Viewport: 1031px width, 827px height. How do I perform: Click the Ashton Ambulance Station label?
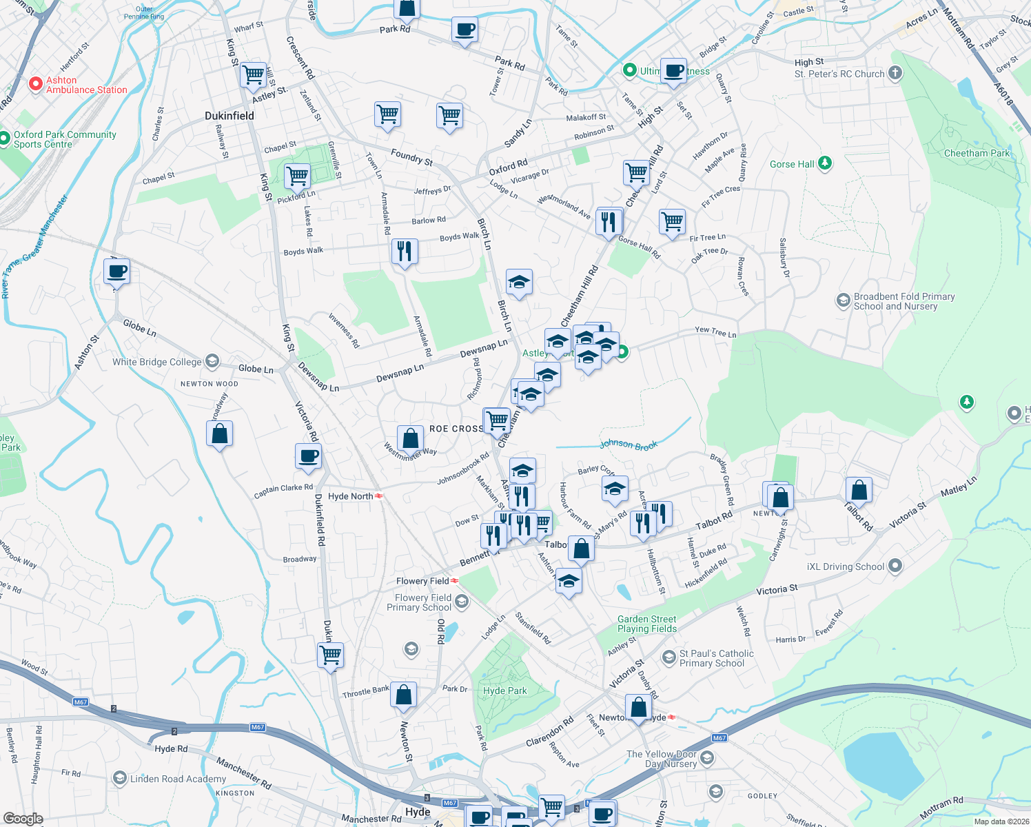pos(86,85)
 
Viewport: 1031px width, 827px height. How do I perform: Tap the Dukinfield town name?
pos(229,116)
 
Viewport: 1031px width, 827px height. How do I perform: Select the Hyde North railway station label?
pos(350,496)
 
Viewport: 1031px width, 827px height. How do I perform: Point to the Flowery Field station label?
pos(422,581)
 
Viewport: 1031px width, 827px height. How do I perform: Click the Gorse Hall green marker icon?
pos(825,163)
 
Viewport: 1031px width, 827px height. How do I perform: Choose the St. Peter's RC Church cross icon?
pos(895,73)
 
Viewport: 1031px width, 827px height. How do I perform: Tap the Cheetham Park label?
pos(977,153)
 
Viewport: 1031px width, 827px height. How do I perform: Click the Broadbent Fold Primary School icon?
pos(843,300)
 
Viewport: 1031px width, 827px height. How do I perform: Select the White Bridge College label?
pos(157,362)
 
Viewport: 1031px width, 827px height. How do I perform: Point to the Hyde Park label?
pos(505,691)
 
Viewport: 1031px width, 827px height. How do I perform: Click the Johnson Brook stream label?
pos(628,445)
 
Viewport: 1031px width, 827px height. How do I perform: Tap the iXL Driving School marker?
pos(895,566)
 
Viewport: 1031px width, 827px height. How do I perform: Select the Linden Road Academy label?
pos(178,779)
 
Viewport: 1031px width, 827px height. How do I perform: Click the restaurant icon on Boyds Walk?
pos(405,251)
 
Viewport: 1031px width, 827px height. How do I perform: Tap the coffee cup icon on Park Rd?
pos(465,30)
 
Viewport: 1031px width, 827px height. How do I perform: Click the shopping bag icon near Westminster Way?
pos(410,438)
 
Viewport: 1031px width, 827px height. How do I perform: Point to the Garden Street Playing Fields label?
pos(647,624)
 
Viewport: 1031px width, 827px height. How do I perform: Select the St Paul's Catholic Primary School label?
pos(717,658)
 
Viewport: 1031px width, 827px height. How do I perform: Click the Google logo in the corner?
pos(23,819)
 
